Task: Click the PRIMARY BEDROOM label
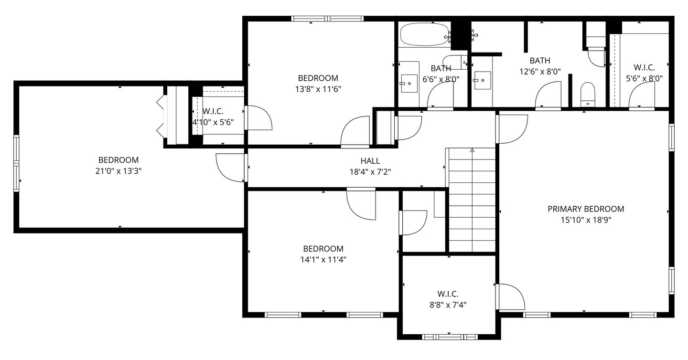click(x=586, y=209)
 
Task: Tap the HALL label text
click(x=370, y=161)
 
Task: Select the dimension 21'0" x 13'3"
click(x=118, y=171)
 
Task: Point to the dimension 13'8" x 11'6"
click(x=318, y=89)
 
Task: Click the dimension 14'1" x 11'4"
click(x=323, y=260)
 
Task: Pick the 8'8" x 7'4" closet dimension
click(x=448, y=305)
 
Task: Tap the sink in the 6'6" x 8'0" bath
click(x=409, y=83)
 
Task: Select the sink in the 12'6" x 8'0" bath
click(x=483, y=80)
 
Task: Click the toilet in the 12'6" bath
click(x=588, y=95)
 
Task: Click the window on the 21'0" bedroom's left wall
click(x=16, y=164)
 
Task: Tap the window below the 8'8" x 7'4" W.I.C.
click(x=449, y=337)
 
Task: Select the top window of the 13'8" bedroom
click(x=327, y=19)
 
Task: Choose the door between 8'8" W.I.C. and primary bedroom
click(x=510, y=297)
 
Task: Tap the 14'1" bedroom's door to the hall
click(x=361, y=203)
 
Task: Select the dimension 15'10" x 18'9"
click(x=586, y=220)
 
